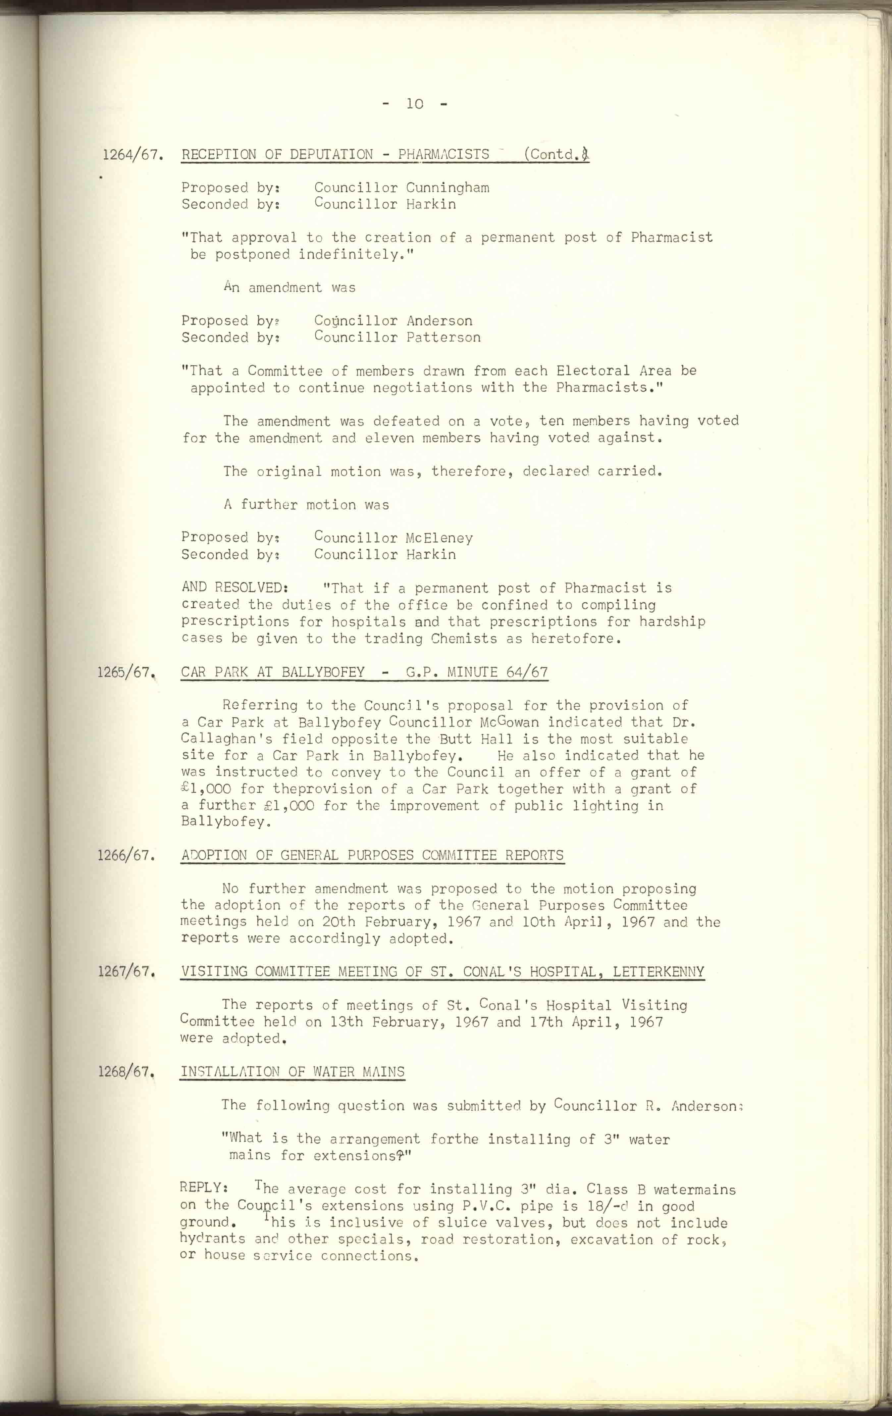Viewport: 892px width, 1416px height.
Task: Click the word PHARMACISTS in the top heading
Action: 444,155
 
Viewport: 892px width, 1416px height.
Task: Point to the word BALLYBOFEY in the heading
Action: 323,672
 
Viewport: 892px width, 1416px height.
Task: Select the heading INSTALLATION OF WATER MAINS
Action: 292,1072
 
